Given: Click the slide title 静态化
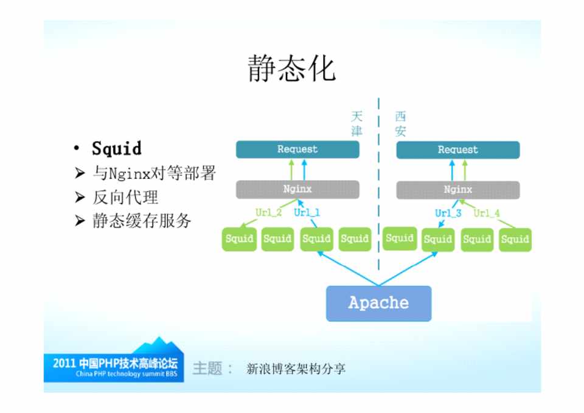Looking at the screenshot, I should point(292,68).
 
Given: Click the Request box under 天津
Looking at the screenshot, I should point(297,150).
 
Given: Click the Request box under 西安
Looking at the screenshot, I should point(458,150).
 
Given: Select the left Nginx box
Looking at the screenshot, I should point(297,189).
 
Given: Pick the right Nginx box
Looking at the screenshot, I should point(458,190).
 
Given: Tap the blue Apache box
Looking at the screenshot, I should point(378,303).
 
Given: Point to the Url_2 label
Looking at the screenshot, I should point(268,213).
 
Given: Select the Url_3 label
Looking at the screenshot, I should point(448,213).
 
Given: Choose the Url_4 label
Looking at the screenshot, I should point(487,213).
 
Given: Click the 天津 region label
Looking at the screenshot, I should point(357,123).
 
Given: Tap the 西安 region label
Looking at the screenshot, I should point(400,123).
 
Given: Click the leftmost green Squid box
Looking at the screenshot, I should point(239,239).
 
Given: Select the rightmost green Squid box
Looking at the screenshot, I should point(515,240).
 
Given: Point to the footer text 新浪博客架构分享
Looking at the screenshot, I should point(296,369).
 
